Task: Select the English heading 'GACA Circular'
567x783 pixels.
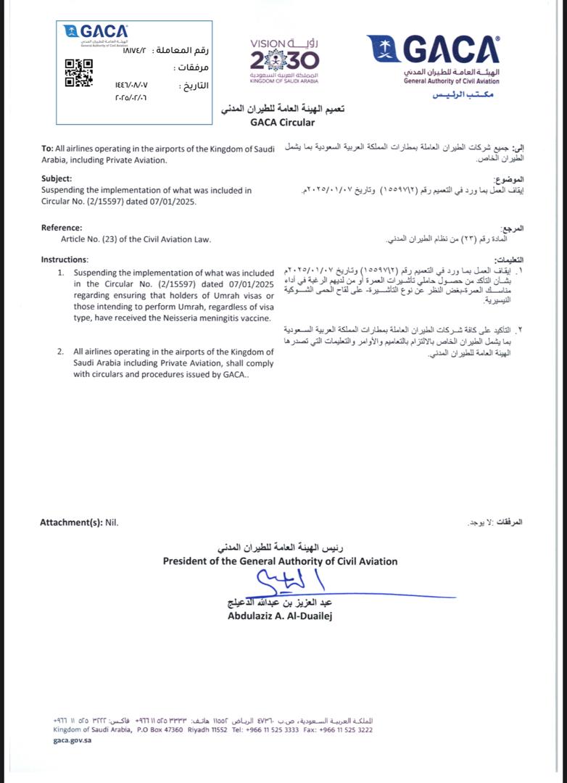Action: [x=283, y=123]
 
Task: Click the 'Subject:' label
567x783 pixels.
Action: [x=57, y=178]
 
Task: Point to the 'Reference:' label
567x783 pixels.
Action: [x=62, y=227]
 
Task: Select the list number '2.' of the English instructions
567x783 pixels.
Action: [x=62, y=352]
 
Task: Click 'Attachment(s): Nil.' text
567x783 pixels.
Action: [x=79, y=522]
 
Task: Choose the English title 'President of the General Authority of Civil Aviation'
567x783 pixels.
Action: [x=280, y=560]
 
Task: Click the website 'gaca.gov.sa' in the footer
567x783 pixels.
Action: [x=73, y=740]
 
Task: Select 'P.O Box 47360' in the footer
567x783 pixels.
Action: [x=160, y=730]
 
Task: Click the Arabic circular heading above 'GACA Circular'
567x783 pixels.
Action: [x=283, y=109]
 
